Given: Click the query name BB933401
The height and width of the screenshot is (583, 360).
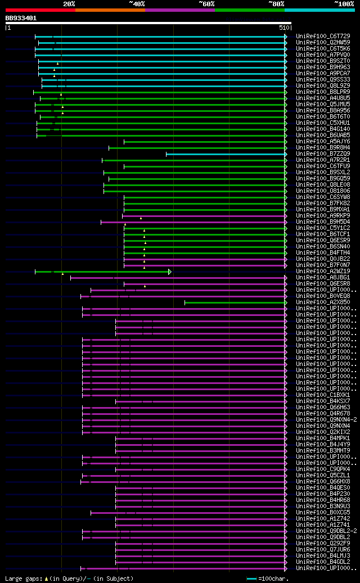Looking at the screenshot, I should [21, 18].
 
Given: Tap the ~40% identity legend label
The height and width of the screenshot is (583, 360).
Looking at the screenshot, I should [137, 4].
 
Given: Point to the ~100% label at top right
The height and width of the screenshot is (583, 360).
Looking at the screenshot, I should [344, 4].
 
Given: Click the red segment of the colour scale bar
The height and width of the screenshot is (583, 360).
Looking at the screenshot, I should [40, 10].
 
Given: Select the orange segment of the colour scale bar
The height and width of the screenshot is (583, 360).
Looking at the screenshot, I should [110, 10].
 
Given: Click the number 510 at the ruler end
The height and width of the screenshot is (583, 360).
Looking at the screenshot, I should [283, 27].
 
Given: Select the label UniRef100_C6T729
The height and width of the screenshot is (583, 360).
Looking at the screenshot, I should [323, 36].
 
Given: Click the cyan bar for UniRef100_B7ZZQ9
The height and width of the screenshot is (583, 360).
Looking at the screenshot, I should [226, 153].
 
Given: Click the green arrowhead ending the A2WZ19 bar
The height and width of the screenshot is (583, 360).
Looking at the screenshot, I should [170, 272].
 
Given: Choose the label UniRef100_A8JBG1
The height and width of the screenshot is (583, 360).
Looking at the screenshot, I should [323, 278].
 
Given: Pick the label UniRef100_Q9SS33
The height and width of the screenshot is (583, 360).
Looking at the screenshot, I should [323, 79].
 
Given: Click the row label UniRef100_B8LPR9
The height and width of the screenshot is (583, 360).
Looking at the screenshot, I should [323, 92].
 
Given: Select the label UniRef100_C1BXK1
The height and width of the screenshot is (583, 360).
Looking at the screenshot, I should [323, 395].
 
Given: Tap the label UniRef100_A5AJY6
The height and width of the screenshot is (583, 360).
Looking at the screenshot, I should [323, 141].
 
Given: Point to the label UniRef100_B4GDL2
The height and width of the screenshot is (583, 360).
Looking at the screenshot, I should [323, 562].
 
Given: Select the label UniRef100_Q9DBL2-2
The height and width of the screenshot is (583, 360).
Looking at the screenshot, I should [326, 531].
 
